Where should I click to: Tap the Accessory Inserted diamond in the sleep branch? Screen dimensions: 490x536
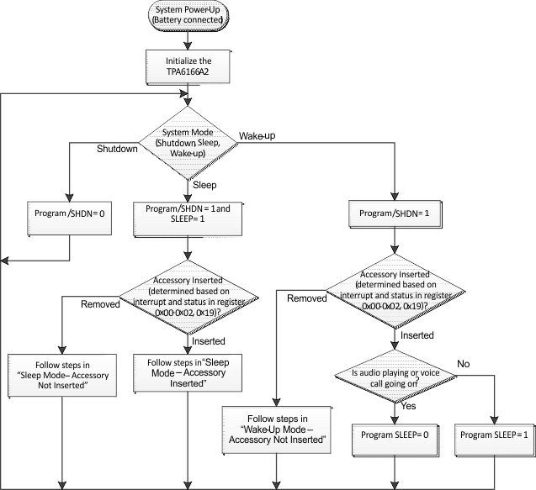[187, 296]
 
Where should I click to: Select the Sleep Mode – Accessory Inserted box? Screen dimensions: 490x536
[187, 371]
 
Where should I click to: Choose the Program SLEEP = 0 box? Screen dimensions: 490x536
[393, 436]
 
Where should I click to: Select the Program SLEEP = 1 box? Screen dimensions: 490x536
[494, 436]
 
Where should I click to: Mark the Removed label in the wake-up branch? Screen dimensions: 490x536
[306, 298]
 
